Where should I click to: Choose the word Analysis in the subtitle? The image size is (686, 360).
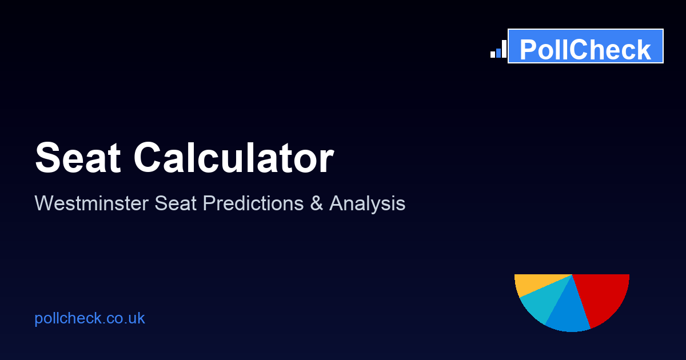click(x=367, y=203)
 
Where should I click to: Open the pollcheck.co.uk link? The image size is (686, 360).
click(x=90, y=318)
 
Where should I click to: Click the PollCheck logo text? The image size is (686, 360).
click(x=585, y=50)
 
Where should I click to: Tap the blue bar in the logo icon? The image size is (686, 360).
click(x=498, y=53)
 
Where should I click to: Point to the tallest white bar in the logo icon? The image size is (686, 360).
click(x=504, y=49)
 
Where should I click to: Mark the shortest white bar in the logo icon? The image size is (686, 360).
click(x=493, y=55)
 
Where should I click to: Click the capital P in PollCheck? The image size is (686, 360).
click(x=529, y=50)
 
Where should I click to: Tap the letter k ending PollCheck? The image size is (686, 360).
click(x=644, y=50)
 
